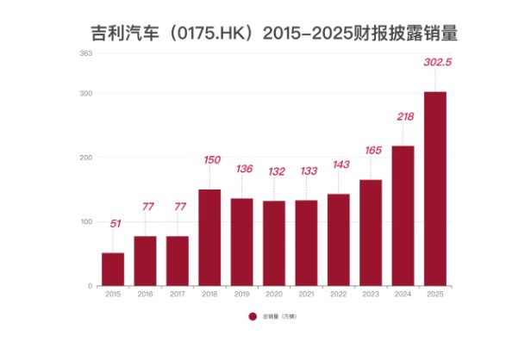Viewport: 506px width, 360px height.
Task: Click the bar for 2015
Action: [113, 269]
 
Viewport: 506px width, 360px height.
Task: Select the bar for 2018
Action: [209, 238]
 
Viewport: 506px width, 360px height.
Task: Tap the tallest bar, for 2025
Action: [435, 189]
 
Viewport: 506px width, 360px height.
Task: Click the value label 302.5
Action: [434, 62]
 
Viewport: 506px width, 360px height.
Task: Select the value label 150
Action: [210, 159]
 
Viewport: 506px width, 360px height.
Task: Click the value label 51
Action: [114, 224]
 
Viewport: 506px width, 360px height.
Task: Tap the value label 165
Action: [371, 150]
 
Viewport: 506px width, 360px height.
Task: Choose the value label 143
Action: [339, 164]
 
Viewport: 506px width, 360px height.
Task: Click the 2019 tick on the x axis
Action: [242, 295]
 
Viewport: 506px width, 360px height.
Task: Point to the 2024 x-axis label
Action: [403, 295]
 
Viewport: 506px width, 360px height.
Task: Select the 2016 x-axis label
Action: [146, 295]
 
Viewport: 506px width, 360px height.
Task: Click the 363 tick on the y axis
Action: [85, 53]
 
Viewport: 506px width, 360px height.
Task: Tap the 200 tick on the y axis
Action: [86, 158]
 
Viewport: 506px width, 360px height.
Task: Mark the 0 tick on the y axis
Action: [90, 286]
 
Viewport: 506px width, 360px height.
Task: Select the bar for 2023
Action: [371, 233]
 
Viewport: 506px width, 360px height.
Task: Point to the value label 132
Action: [275, 171]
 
